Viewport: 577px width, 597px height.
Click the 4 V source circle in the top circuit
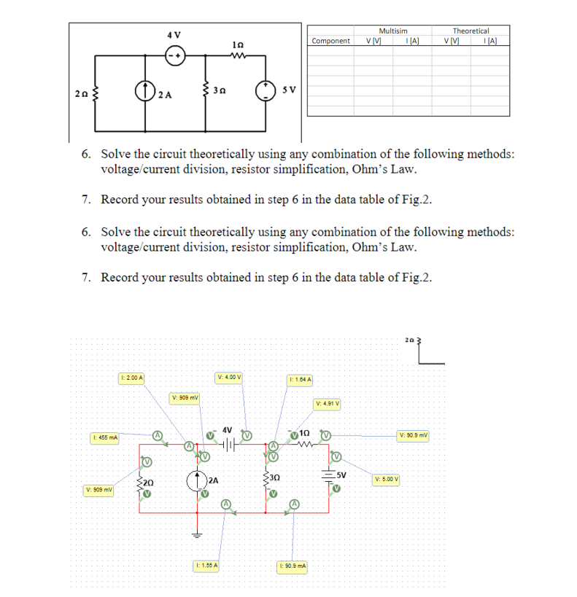[x=174, y=55]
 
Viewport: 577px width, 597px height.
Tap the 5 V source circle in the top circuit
[x=265, y=91]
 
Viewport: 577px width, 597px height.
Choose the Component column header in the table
[x=330, y=41]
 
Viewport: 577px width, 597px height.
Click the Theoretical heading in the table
[x=470, y=31]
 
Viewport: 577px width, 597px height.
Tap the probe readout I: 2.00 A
[x=132, y=378]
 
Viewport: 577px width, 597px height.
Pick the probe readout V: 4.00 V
[x=230, y=378]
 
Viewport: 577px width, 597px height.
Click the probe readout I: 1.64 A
[x=301, y=379]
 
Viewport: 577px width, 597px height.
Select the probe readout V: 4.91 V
[x=328, y=403]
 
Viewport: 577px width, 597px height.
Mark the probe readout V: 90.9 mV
[x=414, y=436]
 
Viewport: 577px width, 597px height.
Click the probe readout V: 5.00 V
[x=387, y=480]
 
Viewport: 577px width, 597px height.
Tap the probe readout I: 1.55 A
[x=208, y=565]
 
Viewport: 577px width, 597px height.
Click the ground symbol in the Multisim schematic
[x=195, y=531]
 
